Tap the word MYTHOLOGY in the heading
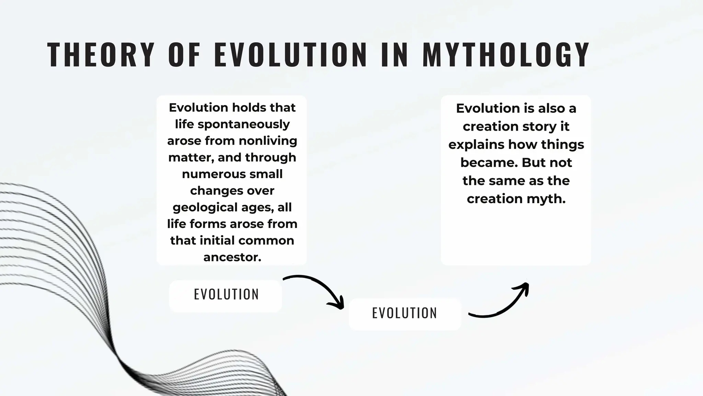(506, 55)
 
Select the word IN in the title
(395, 55)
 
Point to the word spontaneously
(244, 124)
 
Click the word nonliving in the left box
(268, 141)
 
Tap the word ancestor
(232, 257)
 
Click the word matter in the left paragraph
(191, 157)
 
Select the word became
(489, 163)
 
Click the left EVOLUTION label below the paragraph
(226, 295)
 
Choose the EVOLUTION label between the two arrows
(404, 313)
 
